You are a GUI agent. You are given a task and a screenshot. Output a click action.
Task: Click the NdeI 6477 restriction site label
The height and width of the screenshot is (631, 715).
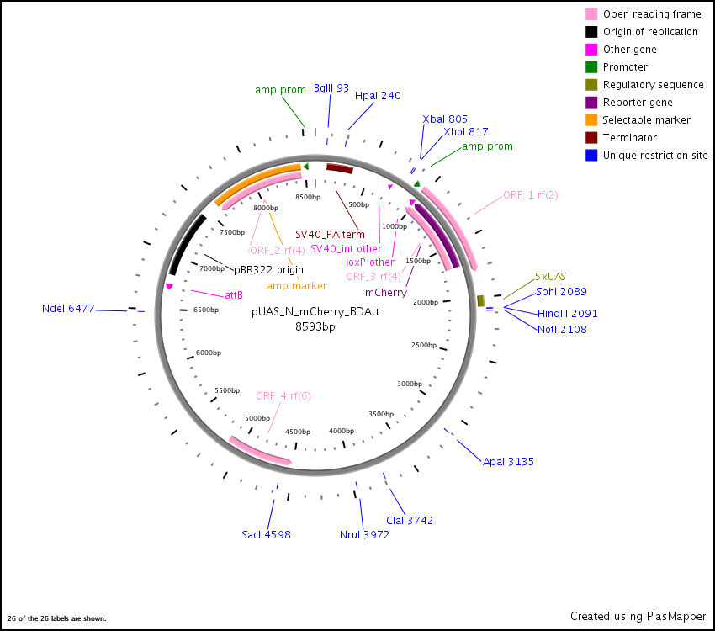click(68, 309)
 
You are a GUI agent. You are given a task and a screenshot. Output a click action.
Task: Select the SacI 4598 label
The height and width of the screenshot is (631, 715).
click(266, 535)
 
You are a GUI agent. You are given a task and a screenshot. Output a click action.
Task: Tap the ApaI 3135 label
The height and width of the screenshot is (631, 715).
click(508, 461)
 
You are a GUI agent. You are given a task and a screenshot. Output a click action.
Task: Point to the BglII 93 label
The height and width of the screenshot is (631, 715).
click(331, 88)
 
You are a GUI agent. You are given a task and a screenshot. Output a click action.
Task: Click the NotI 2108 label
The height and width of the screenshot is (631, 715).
click(562, 329)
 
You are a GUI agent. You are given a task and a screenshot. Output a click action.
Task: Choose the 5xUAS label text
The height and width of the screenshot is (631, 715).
click(550, 277)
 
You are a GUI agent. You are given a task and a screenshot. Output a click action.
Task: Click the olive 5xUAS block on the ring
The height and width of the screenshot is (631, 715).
click(480, 300)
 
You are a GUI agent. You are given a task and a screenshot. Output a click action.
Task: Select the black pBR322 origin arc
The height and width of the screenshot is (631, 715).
click(187, 243)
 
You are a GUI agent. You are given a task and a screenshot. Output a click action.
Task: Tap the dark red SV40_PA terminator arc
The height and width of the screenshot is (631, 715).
click(340, 168)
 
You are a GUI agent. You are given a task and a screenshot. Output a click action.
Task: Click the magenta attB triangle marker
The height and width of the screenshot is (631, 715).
click(169, 286)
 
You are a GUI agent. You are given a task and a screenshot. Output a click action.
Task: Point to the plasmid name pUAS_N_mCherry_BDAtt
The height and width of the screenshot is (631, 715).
click(315, 312)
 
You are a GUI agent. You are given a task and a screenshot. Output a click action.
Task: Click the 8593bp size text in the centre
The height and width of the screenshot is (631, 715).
click(315, 326)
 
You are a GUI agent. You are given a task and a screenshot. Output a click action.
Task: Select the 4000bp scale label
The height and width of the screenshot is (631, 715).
click(342, 431)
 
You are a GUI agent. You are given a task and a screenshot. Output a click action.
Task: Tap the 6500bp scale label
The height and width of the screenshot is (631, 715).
click(206, 310)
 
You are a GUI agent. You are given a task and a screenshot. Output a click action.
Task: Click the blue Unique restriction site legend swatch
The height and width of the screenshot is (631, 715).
click(591, 156)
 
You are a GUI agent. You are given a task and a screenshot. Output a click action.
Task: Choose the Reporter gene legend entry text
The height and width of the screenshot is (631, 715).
click(638, 103)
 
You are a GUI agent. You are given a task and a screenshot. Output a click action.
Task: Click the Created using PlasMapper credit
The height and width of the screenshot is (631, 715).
click(638, 617)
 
